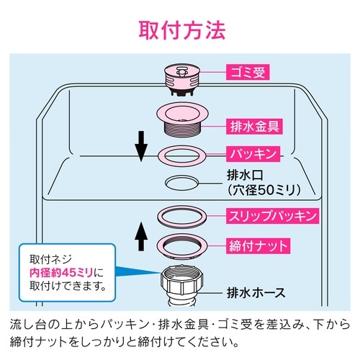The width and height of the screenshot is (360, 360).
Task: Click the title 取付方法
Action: pos(181,31)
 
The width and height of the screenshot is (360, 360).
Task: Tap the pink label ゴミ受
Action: pos(248,72)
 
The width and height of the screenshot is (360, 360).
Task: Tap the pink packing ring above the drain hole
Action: pos(181,154)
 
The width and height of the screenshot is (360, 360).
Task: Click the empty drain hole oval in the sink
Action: pos(181,182)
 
